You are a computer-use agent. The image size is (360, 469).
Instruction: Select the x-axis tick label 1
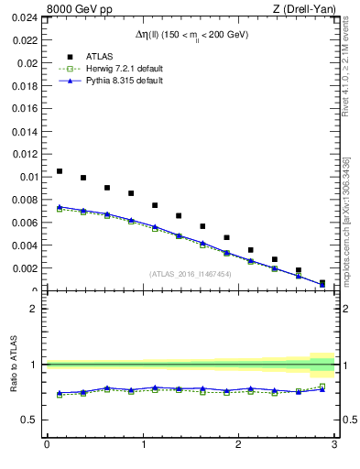[142, 445]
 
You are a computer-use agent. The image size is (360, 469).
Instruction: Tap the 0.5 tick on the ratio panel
[29, 420]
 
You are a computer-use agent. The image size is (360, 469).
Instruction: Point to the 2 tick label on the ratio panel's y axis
[34, 309]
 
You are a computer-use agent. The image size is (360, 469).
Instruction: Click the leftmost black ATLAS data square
[60, 171]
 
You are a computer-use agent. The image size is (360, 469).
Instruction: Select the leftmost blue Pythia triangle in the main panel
[60, 207]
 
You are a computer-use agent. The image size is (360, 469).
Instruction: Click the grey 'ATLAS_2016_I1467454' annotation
[190, 273]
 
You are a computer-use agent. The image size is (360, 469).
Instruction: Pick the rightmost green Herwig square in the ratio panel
[322, 387]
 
